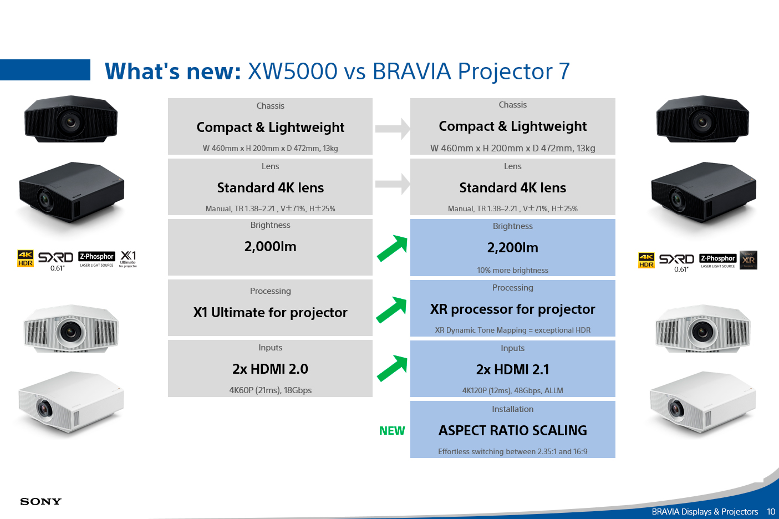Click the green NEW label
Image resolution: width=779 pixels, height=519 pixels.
point(391,431)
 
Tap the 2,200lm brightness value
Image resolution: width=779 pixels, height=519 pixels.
point(512,248)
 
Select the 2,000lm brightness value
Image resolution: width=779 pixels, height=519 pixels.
point(270,247)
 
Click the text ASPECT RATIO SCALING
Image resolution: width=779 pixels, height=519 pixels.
point(512,431)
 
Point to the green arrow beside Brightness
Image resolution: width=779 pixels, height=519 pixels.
point(392,248)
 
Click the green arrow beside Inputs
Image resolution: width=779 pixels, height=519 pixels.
point(392,369)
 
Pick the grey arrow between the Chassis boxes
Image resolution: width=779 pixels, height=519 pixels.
point(392,129)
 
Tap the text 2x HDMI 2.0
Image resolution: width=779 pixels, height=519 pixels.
point(270,369)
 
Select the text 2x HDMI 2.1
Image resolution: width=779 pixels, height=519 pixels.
point(512,370)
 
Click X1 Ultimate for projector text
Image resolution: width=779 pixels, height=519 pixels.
point(270,313)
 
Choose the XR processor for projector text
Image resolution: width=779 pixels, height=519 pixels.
point(512,309)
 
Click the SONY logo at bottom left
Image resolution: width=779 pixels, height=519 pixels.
point(40,502)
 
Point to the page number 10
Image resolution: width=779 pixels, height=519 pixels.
point(771,512)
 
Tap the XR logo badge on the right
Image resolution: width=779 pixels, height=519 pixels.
point(749,259)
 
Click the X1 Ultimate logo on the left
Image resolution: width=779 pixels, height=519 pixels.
point(128,258)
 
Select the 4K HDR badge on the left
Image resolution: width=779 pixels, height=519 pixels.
point(26,258)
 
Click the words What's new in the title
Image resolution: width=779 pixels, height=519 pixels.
point(172,72)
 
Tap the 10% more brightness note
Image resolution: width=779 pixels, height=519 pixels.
point(512,271)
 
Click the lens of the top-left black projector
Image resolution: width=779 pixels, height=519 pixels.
point(70,120)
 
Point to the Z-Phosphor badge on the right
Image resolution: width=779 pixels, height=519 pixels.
point(718,259)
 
